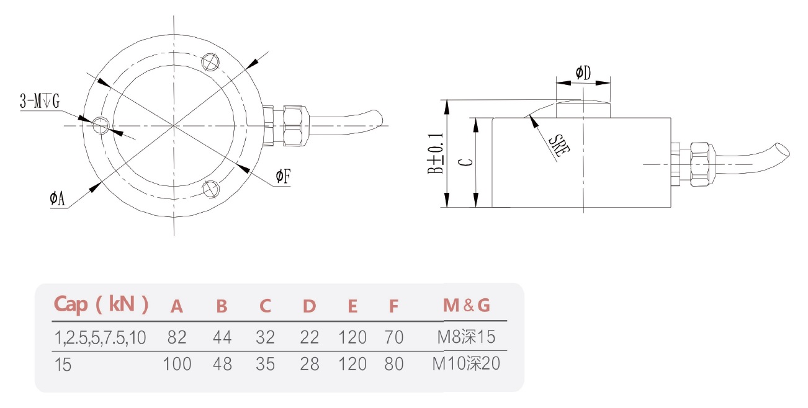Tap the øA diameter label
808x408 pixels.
click(x=57, y=198)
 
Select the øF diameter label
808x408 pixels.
click(x=283, y=177)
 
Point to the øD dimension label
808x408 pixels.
click(x=583, y=73)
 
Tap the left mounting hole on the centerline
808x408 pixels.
click(x=101, y=125)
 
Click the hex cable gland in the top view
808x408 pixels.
click(x=294, y=126)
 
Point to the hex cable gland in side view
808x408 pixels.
click(x=699, y=164)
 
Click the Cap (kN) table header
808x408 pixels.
click(x=101, y=304)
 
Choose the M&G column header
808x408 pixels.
click(x=466, y=305)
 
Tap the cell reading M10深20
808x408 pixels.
click(x=465, y=363)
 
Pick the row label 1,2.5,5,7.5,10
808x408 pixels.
click(x=100, y=337)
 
